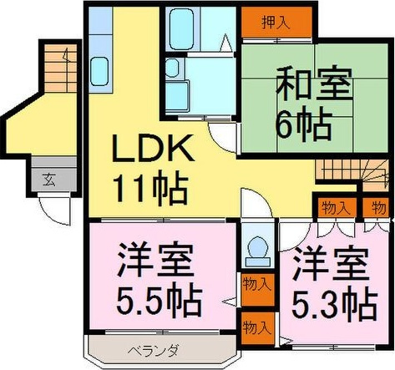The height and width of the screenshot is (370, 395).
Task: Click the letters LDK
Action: [154, 151]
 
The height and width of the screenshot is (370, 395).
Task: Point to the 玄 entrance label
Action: [49, 178]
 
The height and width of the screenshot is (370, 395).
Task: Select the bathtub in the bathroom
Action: [190, 30]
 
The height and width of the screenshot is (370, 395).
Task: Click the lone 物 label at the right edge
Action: [379, 206]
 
